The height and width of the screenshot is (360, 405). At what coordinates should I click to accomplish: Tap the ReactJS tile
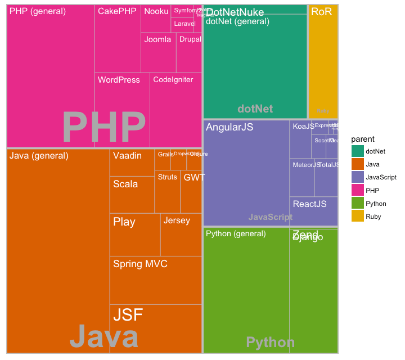314,211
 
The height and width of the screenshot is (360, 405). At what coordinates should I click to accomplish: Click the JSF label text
128,314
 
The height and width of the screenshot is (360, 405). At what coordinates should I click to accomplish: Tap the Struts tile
167,191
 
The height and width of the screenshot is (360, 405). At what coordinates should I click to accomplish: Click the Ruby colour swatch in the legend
358,216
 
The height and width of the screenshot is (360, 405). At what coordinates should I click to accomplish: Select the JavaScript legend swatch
358,177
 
